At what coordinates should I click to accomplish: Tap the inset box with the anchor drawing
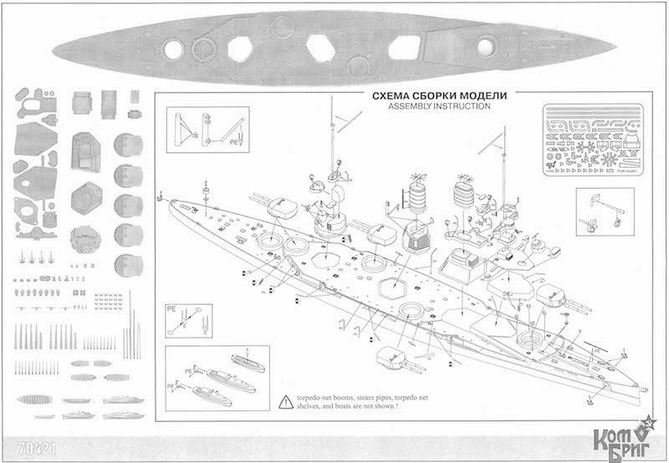pos(608,211)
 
